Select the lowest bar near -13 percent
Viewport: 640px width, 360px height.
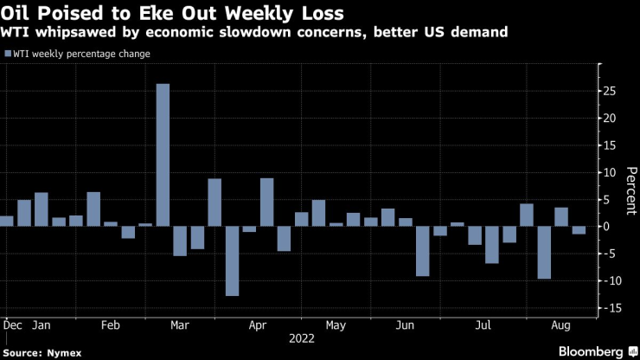point(232,260)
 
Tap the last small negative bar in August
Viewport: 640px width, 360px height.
point(579,230)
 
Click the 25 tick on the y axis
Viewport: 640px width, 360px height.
point(611,91)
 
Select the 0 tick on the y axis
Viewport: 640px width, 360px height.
point(607,227)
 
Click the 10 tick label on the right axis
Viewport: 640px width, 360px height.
point(611,172)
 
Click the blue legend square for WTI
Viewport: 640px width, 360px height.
point(6,54)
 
